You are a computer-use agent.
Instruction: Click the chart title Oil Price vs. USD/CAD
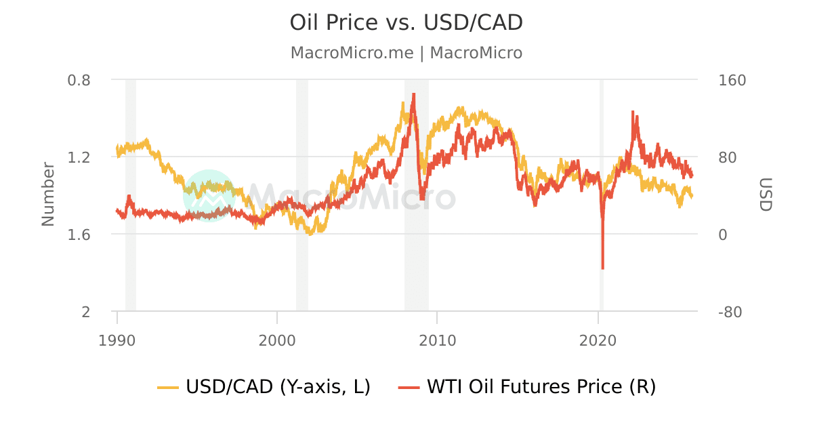point(406,22)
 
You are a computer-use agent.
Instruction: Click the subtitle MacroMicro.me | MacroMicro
point(406,53)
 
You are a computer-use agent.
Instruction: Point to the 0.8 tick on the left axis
point(79,80)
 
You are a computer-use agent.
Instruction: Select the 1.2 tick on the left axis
point(79,157)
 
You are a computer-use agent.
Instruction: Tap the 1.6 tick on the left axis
point(79,235)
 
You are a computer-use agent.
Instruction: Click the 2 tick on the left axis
point(86,312)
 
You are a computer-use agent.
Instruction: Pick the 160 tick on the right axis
point(732,80)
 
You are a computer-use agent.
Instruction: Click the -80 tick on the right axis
point(732,312)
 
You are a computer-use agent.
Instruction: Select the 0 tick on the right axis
point(722,235)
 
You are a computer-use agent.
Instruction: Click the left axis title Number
point(47,194)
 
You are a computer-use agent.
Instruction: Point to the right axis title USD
point(765,195)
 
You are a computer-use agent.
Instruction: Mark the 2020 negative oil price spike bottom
point(602,268)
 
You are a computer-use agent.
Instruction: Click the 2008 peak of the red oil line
point(413,94)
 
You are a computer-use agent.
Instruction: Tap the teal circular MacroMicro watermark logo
point(209,195)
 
